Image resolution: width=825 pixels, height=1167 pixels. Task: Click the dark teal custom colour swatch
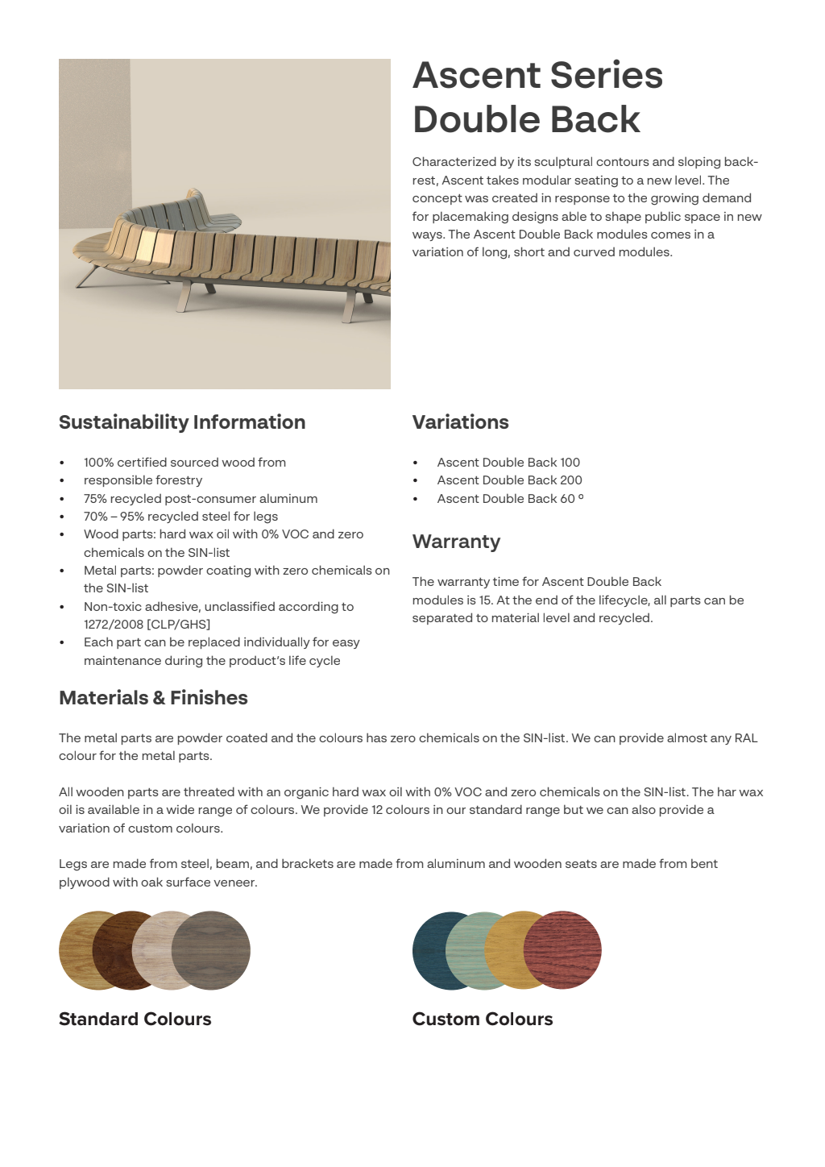(431, 951)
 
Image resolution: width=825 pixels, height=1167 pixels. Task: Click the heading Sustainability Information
(182, 422)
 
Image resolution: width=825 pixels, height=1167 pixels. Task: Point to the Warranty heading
(456, 542)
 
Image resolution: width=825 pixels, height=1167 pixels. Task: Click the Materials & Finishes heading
(153, 698)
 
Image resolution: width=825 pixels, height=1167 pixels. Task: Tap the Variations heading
(460, 422)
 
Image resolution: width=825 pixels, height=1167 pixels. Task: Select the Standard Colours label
(135, 1019)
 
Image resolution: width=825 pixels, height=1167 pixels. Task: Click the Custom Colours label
(482, 1019)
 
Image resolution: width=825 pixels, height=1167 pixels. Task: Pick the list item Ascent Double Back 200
(509, 480)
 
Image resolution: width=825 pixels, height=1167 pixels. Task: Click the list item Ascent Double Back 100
(508, 463)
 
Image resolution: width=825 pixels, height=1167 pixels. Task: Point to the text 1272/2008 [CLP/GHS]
(147, 625)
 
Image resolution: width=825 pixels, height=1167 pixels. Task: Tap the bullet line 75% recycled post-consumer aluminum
(201, 499)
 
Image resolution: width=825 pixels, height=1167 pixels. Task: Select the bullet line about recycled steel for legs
(180, 517)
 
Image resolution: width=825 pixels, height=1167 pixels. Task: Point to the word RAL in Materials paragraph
(745, 738)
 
